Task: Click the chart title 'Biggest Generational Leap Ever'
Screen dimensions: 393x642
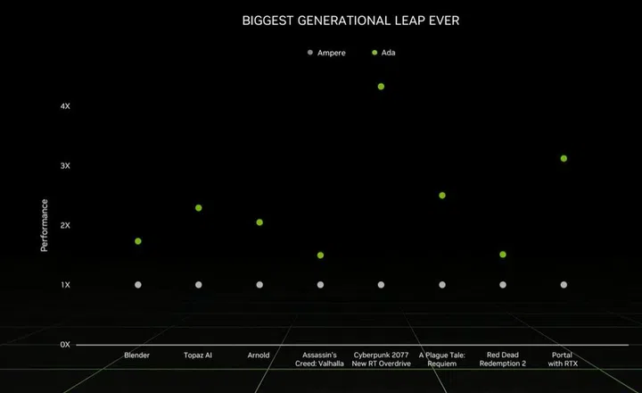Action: (x=350, y=20)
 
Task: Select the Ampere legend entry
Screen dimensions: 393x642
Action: (x=327, y=53)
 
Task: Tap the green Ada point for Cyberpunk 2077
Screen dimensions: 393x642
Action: (x=381, y=87)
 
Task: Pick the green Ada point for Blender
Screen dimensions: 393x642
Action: (x=138, y=241)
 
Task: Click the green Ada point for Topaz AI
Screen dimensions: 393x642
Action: (x=198, y=208)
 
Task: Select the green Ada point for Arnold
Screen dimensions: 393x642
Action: (x=259, y=222)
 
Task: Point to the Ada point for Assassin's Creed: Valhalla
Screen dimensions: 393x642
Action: (x=320, y=255)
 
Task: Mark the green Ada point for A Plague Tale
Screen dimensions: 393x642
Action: (x=442, y=196)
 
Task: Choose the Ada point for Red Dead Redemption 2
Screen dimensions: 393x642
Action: (x=503, y=255)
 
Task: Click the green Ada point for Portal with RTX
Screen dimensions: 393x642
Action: (x=564, y=159)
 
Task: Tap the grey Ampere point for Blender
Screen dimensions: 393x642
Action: (x=138, y=285)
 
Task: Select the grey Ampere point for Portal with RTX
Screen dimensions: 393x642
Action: (x=564, y=285)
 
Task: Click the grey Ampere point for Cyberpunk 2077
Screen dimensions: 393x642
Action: (x=381, y=285)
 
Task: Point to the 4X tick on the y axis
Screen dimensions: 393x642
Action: (x=65, y=106)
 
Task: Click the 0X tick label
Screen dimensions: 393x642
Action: (x=65, y=345)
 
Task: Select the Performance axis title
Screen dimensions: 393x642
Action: (x=45, y=225)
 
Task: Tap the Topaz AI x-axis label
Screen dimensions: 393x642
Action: (x=198, y=355)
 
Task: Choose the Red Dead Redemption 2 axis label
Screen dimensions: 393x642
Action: (x=503, y=360)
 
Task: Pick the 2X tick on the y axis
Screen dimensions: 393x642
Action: (x=65, y=226)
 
